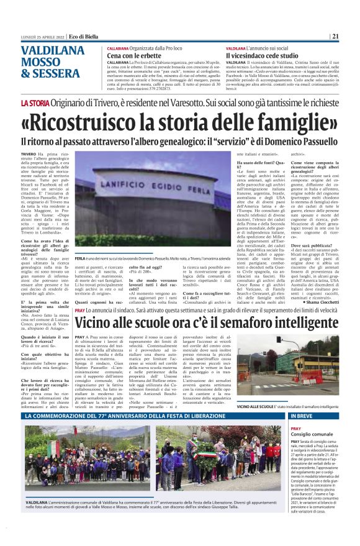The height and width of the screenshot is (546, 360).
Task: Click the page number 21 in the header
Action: (335, 36)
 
